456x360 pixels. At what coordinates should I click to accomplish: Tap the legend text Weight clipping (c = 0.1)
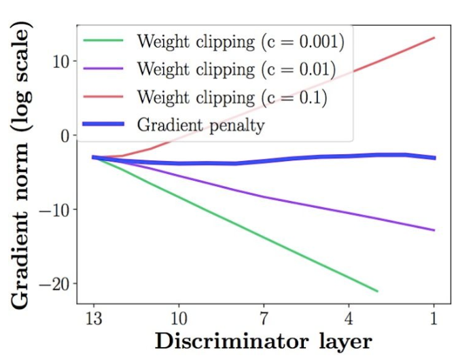pyautogui.click(x=232, y=96)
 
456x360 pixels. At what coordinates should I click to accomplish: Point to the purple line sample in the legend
pyautogui.click(x=103, y=69)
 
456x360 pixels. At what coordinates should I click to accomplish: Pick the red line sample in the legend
pyautogui.click(x=103, y=96)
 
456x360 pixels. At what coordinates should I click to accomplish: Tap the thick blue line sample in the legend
pyautogui.click(x=103, y=124)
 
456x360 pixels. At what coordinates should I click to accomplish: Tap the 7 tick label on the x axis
pyautogui.click(x=264, y=318)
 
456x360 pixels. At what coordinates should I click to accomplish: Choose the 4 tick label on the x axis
pyautogui.click(x=349, y=318)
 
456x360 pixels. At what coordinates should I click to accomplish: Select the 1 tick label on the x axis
pyautogui.click(x=434, y=318)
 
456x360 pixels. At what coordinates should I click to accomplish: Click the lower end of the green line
pyautogui.click(x=377, y=291)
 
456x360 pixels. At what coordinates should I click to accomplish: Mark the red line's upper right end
pyautogui.click(x=434, y=37)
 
